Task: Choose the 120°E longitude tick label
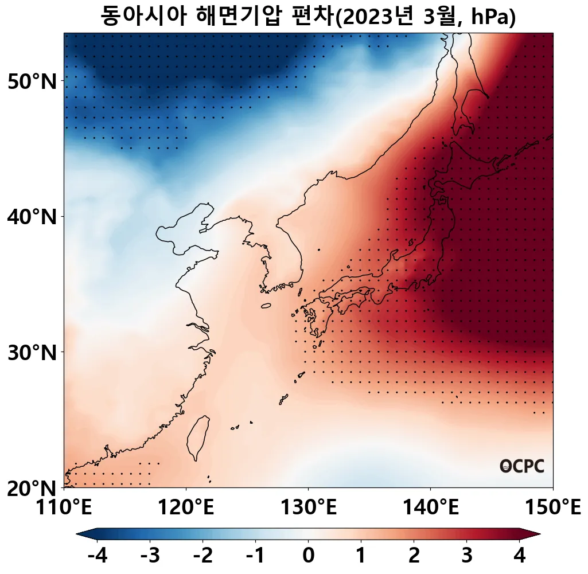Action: tap(186, 507)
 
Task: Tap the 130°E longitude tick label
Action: tap(309, 507)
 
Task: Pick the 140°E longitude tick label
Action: tap(431, 507)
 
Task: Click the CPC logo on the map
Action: tap(521, 466)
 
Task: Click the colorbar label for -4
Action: tap(97, 556)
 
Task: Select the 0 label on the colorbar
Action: tap(308, 556)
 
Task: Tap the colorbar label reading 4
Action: tap(519, 556)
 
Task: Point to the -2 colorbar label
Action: tap(203, 556)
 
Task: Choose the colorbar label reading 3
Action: tap(466, 556)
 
